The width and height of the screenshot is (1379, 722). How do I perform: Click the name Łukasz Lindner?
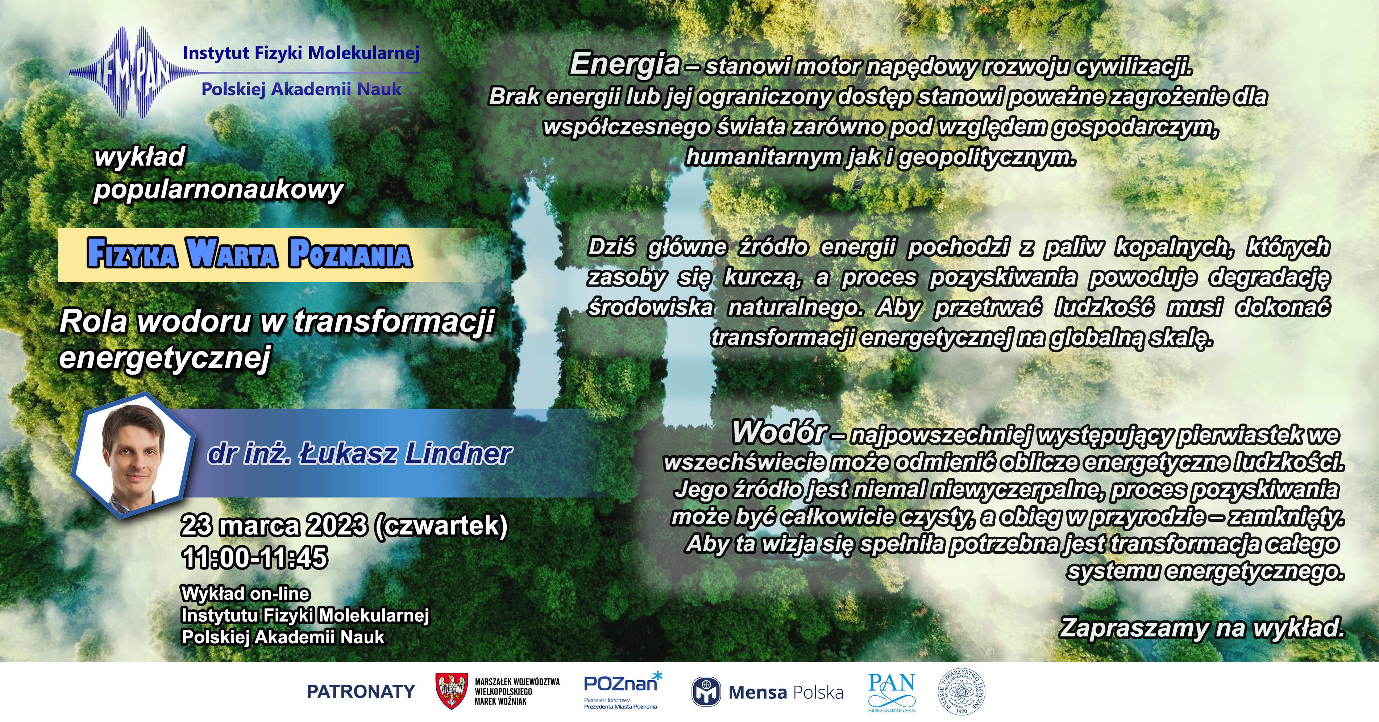click(x=405, y=454)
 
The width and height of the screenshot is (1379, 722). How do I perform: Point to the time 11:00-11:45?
click(x=255, y=558)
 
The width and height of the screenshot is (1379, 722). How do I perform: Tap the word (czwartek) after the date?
click(x=441, y=526)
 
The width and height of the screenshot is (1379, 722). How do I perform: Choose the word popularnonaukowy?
click(x=219, y=190)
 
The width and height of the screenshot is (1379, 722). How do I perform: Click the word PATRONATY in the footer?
click(x=361, y=692)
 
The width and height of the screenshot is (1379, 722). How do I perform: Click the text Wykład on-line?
click(x=246, y=594)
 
